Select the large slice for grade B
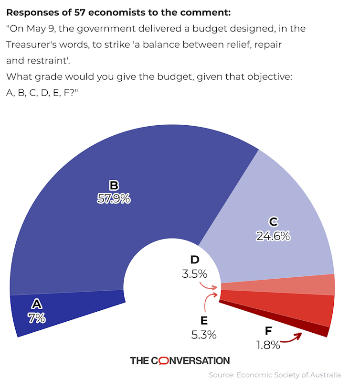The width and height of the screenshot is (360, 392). tap(119, 225)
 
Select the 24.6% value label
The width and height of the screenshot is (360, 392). tap(273, 236)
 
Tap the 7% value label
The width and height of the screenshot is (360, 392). tap(37, 318)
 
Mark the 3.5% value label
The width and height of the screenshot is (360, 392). tap(194, 274)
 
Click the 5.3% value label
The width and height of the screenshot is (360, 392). tap(204, 335)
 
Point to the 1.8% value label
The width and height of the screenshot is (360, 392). tap(268, 344)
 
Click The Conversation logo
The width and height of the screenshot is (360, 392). tap(180, 360)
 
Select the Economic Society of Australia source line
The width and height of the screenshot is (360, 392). tap(275, 375)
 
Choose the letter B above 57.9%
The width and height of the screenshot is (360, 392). tap(114, 185)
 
